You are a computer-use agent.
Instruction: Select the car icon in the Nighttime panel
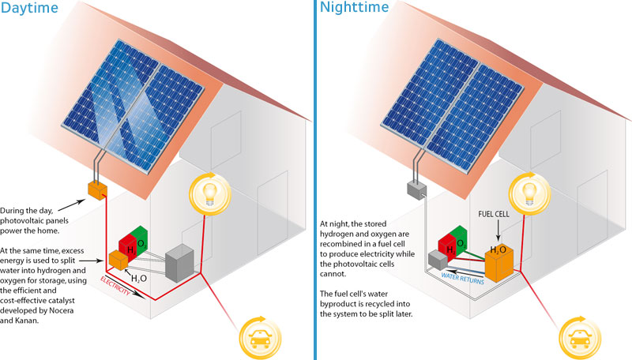point(575,338)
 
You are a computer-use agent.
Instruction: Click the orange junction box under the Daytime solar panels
point(96,190)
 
